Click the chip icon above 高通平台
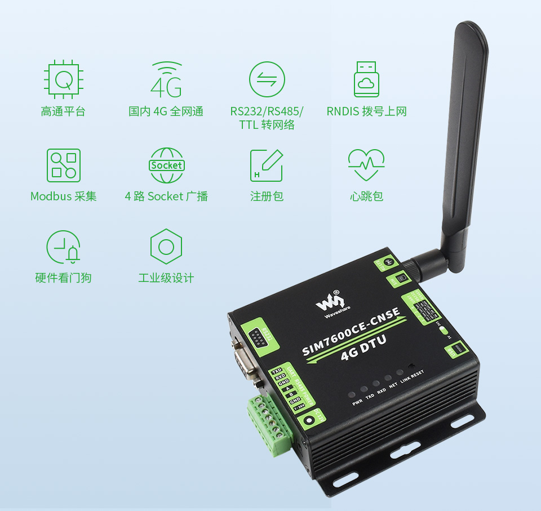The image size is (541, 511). tap(63, 79)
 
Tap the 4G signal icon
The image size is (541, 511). tap(167, 79)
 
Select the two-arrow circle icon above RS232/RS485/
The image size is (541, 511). tap(267, 79)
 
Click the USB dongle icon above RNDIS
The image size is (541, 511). tap(366, 79)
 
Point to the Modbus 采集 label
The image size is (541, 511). tap(63, 196)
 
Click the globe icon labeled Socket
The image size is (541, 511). tap(167, 165)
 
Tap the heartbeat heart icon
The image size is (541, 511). tap(366, 164)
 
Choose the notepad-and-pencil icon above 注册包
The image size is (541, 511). tap(267, 165)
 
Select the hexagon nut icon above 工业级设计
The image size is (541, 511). tap(166, 246)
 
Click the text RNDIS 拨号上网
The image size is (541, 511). tap(366, 111)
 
